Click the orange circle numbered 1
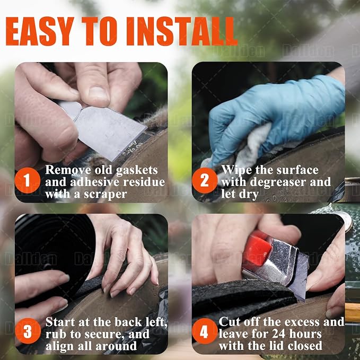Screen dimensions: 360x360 tap(28, 180)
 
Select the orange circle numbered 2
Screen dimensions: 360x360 tap(205, 180)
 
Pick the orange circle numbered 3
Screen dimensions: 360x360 tap(28, 331)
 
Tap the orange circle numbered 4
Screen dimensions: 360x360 tap(205, 331)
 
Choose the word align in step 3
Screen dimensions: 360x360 tap(60, 346)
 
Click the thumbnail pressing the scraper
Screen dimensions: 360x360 tap(98, 94)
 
